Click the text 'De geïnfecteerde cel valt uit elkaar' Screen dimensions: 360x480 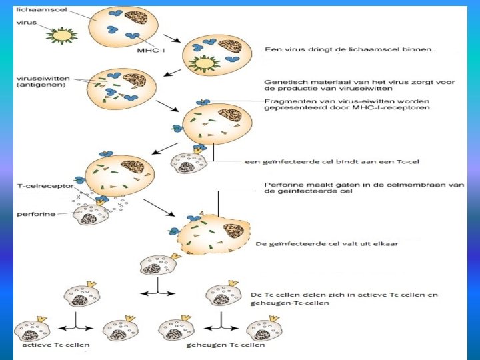pyautogui.click(x=327, y=243)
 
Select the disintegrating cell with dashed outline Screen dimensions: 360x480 pyautogui.click(x=211, y=233)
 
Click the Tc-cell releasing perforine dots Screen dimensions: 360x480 pyautogui.click(x=91, y=215)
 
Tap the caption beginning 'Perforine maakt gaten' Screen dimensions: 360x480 pyautogui.click(x=363, y=189)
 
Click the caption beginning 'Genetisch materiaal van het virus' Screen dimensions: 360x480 pyautogui.click(x=359, y=85)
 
